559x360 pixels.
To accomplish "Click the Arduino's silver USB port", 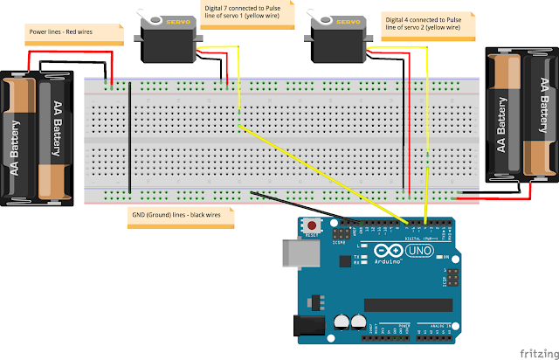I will pos(296,253).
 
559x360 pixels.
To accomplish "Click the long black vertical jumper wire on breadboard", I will pos(128,138).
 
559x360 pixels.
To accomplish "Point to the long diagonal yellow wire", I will pos(323,170).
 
